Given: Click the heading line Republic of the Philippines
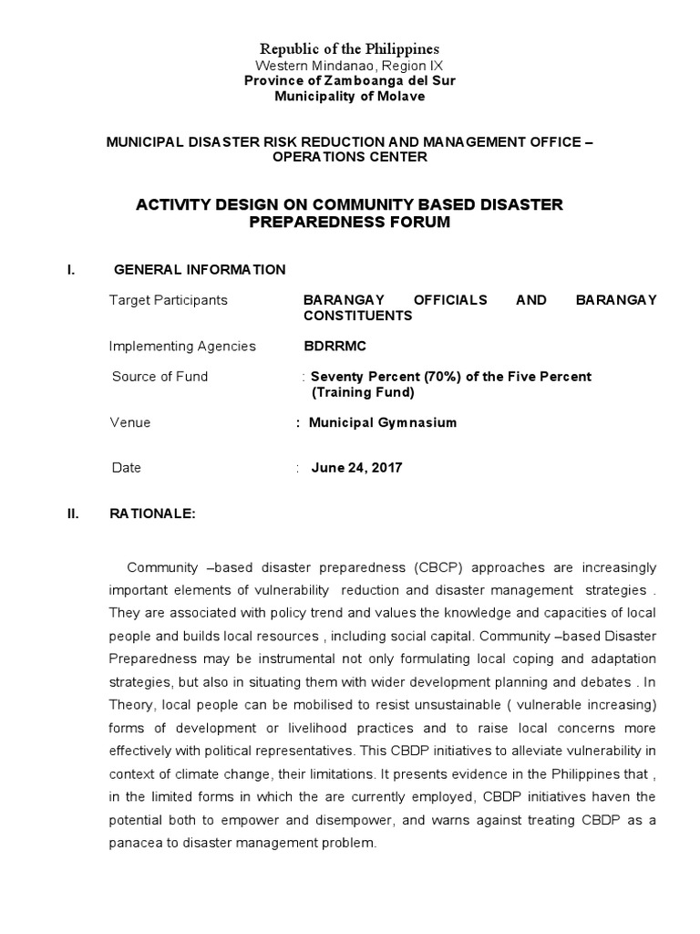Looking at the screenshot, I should (x=350, y=48).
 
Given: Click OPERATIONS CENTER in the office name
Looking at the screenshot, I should (x=350, y=157).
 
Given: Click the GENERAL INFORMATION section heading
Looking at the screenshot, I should (x=199, y=269).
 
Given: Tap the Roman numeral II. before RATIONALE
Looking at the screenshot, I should (x=74, y=514).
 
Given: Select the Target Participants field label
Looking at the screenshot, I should (x=169, y=300).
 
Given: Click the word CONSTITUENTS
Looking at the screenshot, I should (x=358, y=316).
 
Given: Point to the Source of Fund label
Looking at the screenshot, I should (x=160, y=377).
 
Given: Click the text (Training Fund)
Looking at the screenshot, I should (x=363, y=393).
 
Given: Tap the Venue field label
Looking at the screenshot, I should (x=130, y=423).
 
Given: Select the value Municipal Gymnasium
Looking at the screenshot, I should (x=383, y=423).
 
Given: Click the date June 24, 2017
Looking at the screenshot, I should (x=356, y=468).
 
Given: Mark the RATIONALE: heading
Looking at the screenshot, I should (x=152, y=514).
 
